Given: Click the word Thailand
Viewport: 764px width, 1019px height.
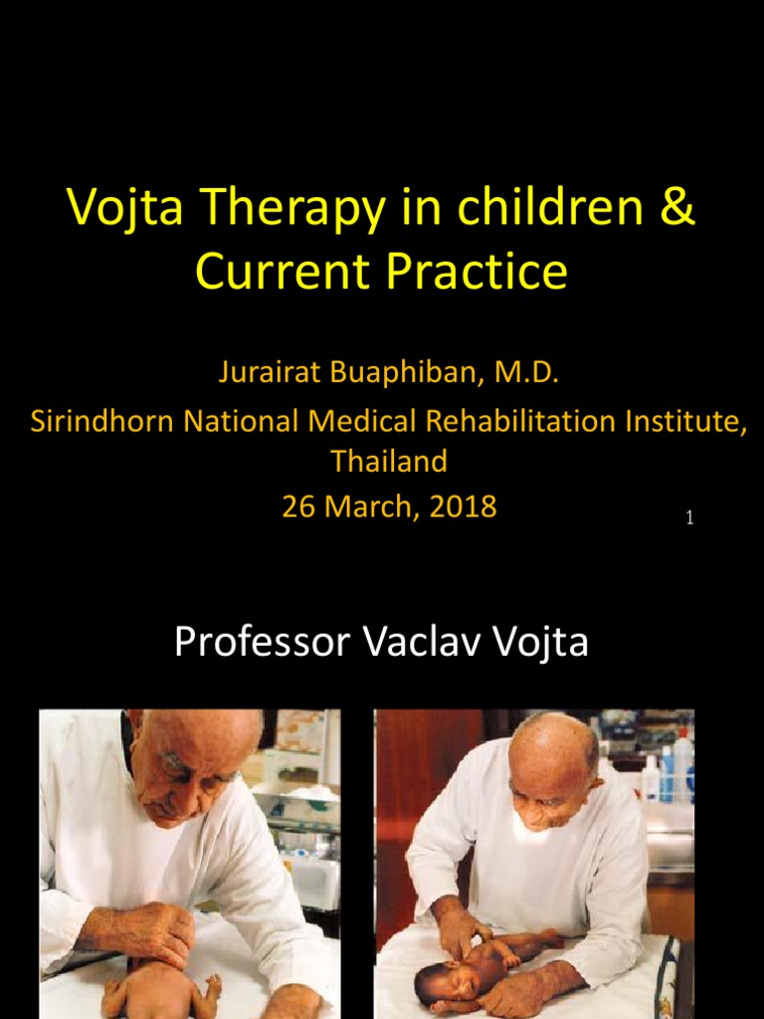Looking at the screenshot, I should (x=389, y=461).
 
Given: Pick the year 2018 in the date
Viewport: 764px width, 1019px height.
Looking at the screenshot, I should (x=458, y=507).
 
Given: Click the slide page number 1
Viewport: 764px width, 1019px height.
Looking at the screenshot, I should (x=689, y=517).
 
